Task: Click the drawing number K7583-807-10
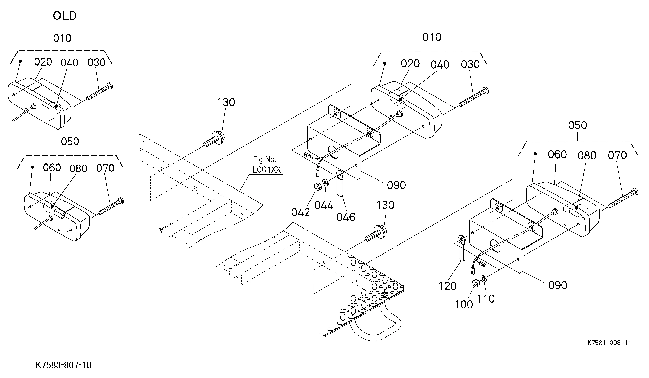(63, 365)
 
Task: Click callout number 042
(300, 212)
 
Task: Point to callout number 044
(324, 205)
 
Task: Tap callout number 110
(486, 299)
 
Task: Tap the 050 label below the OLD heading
(70, 142)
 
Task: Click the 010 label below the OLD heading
(62, 38)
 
